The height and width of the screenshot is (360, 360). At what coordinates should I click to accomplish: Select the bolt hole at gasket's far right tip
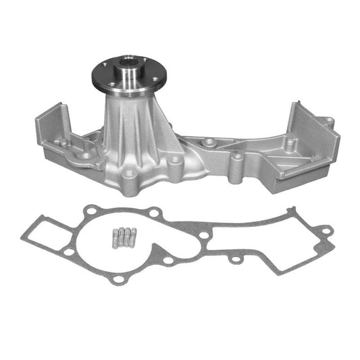(x=325, y=232)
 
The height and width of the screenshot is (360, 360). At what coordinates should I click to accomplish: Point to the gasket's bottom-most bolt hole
(x=119, y=279)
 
